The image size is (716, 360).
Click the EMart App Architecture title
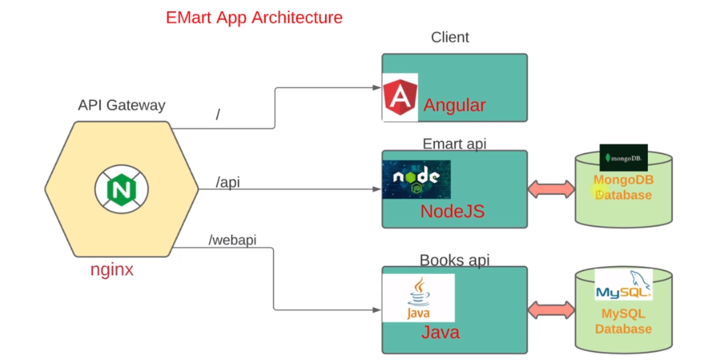(x=254, y=17)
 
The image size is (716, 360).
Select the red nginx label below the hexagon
(x=112, y=270)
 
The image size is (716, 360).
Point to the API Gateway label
(x=122, y=105)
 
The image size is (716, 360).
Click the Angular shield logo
(x=400, y=98)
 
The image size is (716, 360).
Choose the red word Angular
(x=455, y=105)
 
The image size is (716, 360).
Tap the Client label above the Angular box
(x=450, y=37)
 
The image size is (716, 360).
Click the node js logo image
(x=416, y=179)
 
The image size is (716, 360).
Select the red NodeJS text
(x=452, y=212)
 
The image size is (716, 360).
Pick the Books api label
(x=454, y=260)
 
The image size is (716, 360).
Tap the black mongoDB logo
(x=623, y=158)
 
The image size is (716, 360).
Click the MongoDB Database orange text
(x=623, y=188)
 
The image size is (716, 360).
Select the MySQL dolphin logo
(x=623, y=285)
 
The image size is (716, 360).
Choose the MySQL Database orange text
(x=623, y=321)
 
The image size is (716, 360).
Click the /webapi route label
(x=232, y=240)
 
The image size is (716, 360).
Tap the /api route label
(x=228, y=182)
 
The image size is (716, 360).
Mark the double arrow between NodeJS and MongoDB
(x=551, y=189)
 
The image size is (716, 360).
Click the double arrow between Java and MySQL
(x=551, y=310)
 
